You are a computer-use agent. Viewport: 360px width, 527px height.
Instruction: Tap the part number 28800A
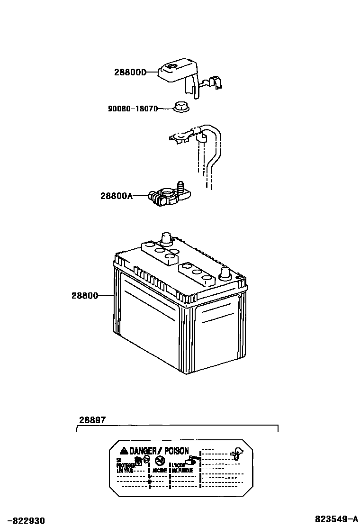(x=117, y=195)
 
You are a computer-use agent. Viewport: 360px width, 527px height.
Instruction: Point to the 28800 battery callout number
(x=85, y=296)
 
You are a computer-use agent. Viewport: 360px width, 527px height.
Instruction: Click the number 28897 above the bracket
(x=92, y=420)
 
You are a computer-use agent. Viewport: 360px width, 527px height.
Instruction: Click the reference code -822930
(x=23, y=520)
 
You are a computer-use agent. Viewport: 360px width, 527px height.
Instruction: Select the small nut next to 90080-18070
(x=180, y=108)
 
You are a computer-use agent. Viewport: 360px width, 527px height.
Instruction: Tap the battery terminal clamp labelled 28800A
(x=166, y=196)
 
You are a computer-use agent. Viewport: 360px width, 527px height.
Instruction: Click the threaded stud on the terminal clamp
(x=180, y=185)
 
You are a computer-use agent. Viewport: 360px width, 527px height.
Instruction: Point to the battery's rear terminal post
(x=166, y=237)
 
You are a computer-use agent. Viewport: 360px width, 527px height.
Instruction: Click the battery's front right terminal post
(x=225, y=273)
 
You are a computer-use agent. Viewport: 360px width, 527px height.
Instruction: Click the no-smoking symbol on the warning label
(x=160, y=461)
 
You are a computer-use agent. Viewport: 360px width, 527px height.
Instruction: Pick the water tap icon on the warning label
(x=235, y=453)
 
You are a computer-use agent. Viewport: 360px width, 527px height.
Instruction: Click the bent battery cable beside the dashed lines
(x=214, y=152)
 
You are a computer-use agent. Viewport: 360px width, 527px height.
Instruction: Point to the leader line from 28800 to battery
(x=106, y=296)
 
